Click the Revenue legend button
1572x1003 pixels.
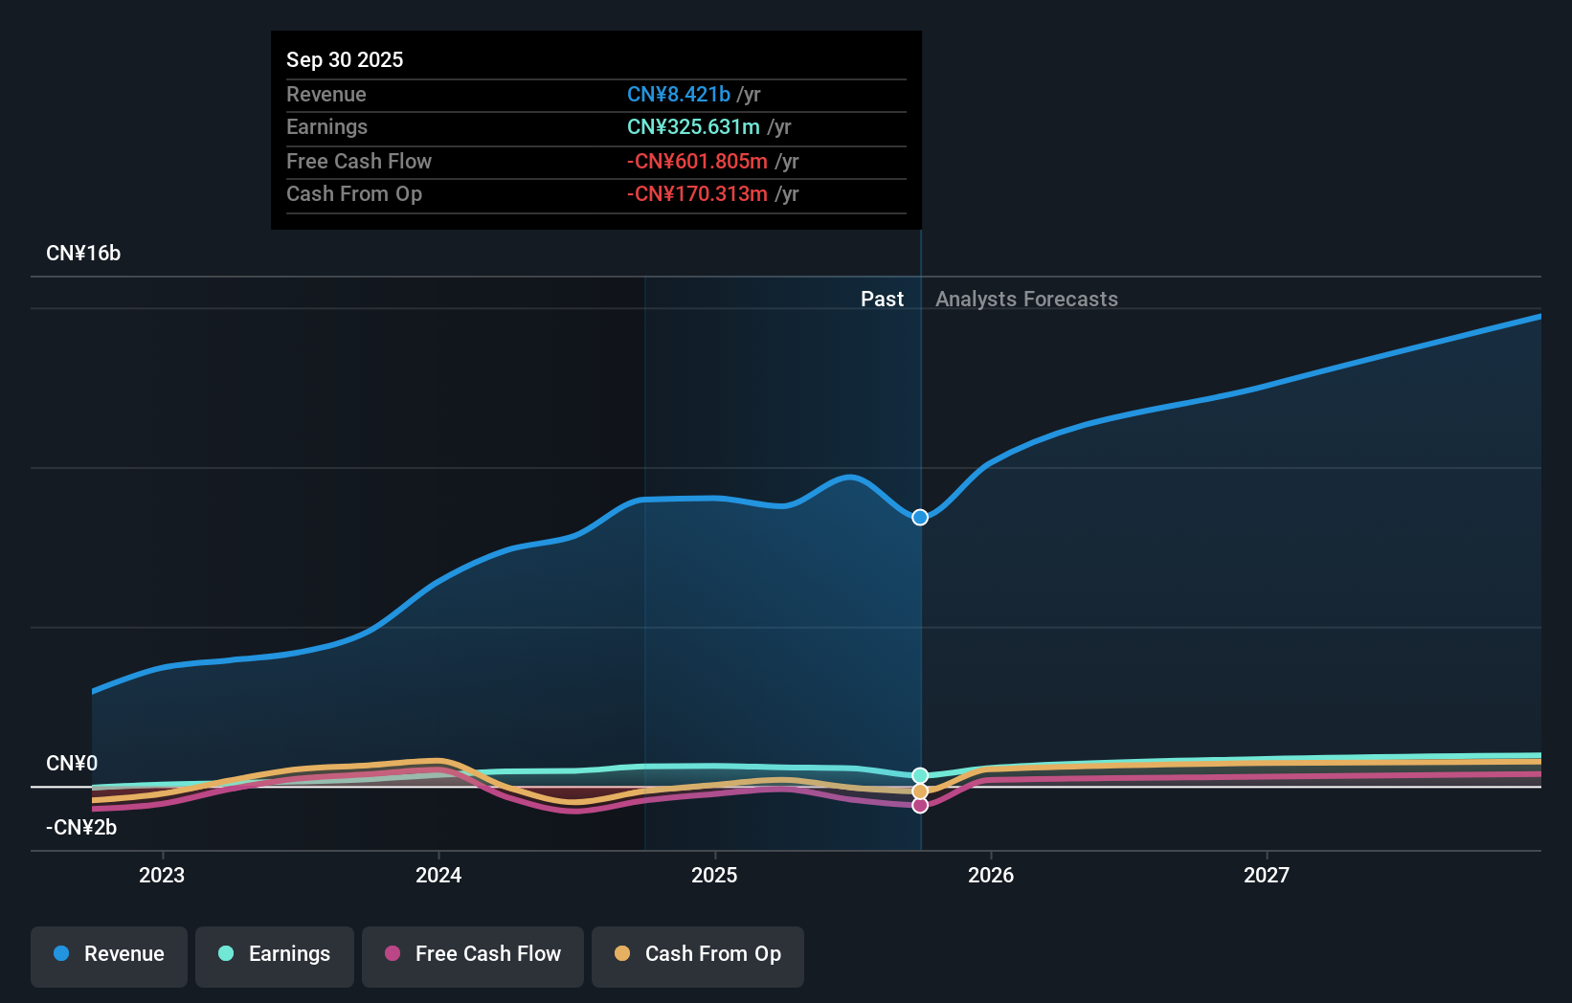click(109, 955)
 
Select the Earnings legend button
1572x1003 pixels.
click(275, 955)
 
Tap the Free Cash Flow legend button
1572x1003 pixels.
click(473, 955)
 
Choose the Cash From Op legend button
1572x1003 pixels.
click(698, 955)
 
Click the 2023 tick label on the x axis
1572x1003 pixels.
click(162, 876)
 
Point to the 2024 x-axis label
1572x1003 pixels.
click(438, 876)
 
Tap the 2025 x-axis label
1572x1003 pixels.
click(714, 876)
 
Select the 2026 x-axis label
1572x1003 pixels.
click(991, 876)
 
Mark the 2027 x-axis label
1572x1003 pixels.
click(1267, 876)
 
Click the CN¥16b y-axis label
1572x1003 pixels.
click(83, 254)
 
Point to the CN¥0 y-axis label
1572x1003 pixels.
click(72, 764)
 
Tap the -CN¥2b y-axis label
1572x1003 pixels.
click(81, 828)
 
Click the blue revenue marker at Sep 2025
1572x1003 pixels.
click(920, 518)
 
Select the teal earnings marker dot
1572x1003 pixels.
click(920, 775)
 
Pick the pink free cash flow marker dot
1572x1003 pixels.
click(920, 806)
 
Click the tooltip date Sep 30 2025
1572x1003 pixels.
click(345, 60)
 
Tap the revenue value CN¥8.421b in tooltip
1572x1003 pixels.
click(679, 95)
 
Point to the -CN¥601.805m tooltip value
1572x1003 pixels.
click(697, 162)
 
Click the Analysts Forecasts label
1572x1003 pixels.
click(1026, 300)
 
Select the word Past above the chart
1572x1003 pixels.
click(882, 300)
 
